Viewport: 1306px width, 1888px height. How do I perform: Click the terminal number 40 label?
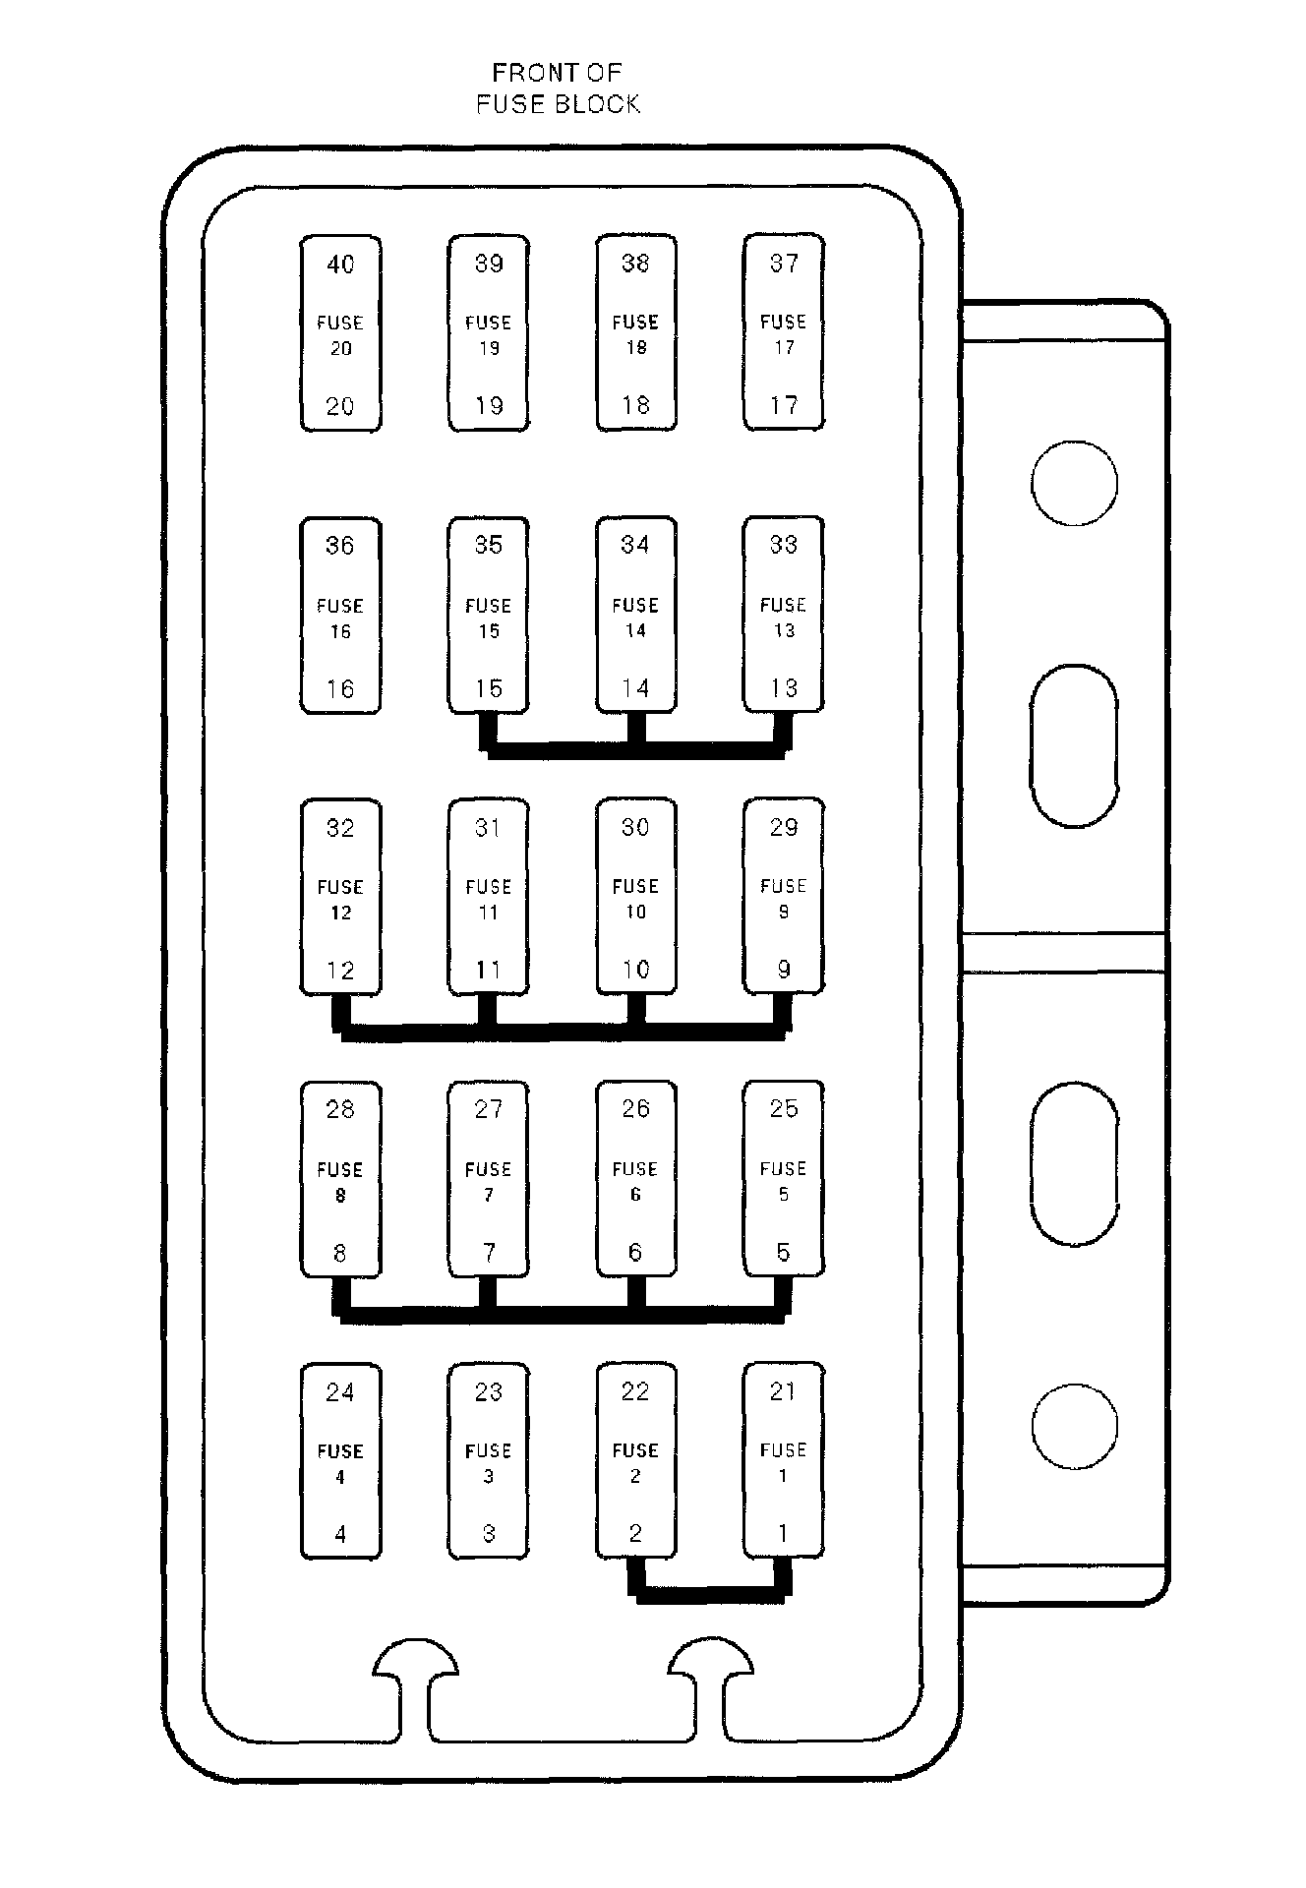[340, 265]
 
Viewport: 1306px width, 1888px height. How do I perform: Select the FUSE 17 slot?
[783, 333]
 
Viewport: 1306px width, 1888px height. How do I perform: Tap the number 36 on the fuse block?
[340, 546]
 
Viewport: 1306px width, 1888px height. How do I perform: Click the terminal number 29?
[783, 828]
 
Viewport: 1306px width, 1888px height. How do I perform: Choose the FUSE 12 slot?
[340, 898]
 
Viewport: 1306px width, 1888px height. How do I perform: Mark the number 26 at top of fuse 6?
[635, 1109]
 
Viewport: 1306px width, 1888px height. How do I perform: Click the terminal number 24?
[340, 1391]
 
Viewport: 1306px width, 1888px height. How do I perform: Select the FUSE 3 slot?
[488, 1461]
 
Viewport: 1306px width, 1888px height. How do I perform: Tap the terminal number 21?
[783, 1391]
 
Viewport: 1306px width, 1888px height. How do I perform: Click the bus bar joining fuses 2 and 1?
[710, 1594]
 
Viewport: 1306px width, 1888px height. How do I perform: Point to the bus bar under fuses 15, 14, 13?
[635, 751]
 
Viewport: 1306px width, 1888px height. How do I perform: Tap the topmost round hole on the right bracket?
[1074, 484]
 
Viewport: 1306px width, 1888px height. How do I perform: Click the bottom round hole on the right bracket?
[1074, 1427]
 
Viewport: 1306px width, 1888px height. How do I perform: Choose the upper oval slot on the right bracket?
[1074, 745]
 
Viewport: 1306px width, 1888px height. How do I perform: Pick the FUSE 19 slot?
[488, 333]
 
